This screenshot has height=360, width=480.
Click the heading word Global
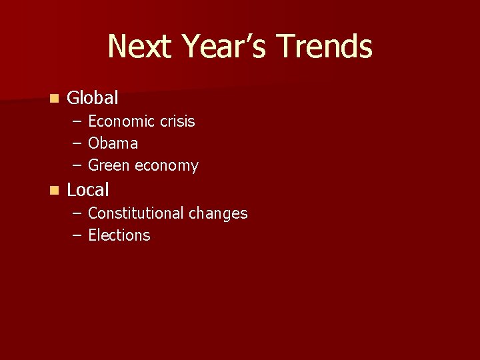tap(93, 99)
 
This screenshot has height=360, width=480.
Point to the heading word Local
tap(88, 190)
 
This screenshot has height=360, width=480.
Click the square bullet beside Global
tap(53, 99)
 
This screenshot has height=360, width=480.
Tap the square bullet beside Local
tap(53, 191)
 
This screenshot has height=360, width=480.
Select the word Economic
tap(122, 121)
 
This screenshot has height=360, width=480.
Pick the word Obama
tap(113, 143)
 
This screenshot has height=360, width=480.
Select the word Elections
tap(119, 235)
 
